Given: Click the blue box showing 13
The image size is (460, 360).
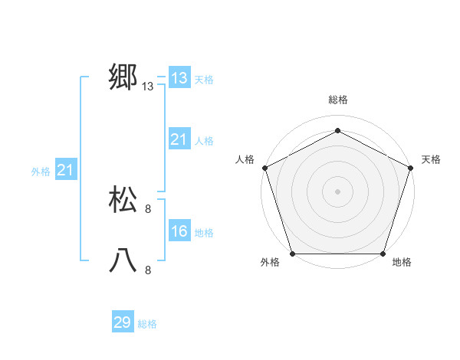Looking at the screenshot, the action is (x=179, y=78).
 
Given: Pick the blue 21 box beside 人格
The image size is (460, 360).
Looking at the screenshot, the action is (x=179, y=139).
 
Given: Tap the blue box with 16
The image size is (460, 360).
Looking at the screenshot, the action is (x=179, y=231).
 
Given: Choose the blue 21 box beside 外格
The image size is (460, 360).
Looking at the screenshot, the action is (x=65, y=170).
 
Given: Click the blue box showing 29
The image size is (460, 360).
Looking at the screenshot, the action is (x=123, y=322).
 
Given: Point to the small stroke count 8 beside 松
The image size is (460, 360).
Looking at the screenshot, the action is (x=148, y=209).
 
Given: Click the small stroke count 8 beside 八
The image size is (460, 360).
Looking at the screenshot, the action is (x=148, y=270).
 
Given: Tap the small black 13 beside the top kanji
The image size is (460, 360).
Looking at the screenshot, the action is (x=148, y=87).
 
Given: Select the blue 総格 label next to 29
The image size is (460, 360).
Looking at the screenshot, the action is (x=147, y=324).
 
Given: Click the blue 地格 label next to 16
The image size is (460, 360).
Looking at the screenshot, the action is (x=204, y=233).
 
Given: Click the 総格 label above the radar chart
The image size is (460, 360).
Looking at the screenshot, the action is (x=337, y=100).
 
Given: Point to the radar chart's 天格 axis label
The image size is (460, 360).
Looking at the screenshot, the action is (x=431, y=159).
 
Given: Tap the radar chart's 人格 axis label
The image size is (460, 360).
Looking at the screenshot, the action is (x=245, y=159).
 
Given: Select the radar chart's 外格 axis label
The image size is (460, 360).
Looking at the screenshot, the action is (x=270, y=263).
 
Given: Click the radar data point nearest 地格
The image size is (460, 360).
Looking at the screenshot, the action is (x=383, y=254).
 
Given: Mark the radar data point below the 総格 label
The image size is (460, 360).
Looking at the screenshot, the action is (x=337, y=130).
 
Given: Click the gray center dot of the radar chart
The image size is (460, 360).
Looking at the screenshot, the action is (x=337, y=191).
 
